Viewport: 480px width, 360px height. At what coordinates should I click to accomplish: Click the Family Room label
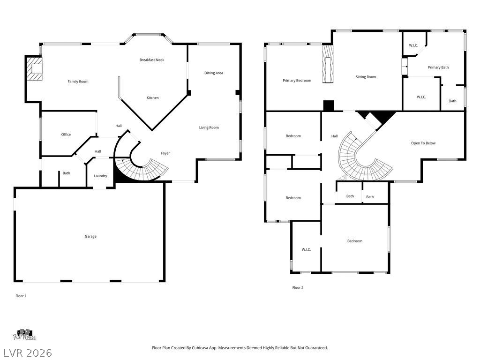[78, 82]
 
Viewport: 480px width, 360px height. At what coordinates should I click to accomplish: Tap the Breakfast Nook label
[152, 60]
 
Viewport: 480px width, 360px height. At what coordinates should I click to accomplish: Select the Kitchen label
[153, 97]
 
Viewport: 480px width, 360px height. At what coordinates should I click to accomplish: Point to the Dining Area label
[214, 73]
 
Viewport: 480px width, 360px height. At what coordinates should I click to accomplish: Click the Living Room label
[209, 127]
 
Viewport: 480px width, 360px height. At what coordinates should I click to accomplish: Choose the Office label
[66, 135]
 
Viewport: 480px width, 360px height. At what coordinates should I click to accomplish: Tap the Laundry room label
[100, 176]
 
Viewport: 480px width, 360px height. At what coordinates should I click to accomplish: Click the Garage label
[90, 236]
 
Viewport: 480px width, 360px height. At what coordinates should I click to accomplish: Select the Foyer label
[165, 153]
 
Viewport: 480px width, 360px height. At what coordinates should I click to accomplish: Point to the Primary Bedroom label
[297, 81]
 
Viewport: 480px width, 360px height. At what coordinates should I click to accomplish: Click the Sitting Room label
[366, 77]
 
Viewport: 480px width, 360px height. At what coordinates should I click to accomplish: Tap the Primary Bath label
[438, 67]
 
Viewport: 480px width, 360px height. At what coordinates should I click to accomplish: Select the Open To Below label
[423, 143]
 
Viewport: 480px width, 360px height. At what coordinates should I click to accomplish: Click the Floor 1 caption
[21, 296]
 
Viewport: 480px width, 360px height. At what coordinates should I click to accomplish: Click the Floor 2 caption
[298, 287]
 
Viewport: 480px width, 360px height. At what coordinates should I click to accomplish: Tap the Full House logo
[24, 335]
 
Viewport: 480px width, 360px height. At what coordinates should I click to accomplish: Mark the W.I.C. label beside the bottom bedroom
[306, 249]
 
